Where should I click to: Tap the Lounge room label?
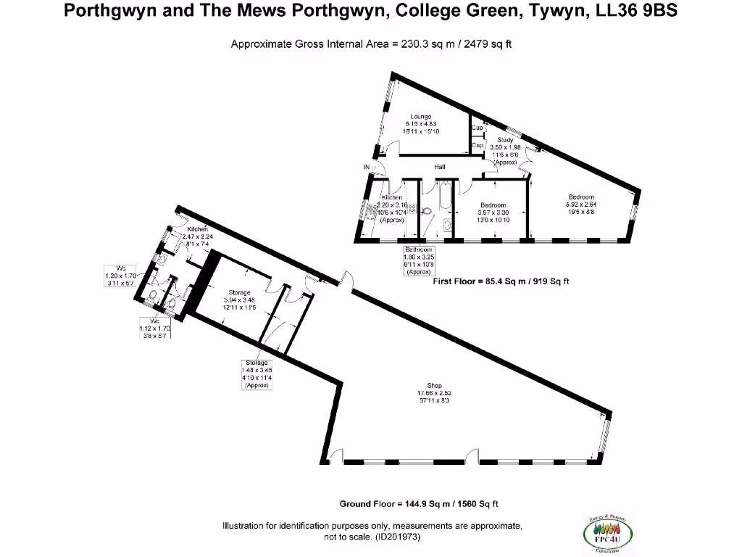[x=420, y=116]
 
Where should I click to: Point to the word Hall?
[x=439, y=167]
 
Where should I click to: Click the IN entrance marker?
[x=367, y=167]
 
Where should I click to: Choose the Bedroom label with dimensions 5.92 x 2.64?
[x=581, y=197]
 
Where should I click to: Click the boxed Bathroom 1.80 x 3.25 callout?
[x=418, y=260]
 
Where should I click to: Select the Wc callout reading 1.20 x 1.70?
[x=121, y=276]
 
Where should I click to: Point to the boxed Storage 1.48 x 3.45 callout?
[x=257, y=374]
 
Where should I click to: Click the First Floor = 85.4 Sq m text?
[x=501, y=281]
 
